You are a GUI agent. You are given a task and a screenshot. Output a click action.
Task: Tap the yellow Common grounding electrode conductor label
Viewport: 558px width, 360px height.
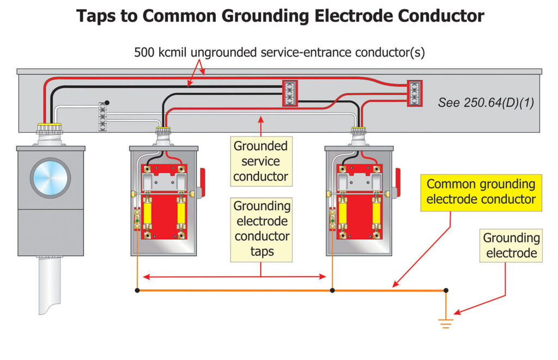[481, 192]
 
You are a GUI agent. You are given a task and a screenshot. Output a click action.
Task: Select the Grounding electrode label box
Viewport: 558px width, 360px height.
[511, 245]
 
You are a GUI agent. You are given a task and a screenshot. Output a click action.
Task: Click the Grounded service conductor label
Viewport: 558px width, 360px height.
[260, 161]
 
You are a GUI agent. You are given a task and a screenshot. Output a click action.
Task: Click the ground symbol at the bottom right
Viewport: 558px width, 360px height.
[446, 324]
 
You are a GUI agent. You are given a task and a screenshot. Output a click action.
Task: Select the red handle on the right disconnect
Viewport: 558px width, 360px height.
[398, 180]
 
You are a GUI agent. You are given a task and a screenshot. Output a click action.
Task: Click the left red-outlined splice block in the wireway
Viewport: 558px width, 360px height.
[289, 93]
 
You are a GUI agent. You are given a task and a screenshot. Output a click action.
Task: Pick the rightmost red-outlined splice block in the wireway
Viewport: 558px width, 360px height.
[415, 93]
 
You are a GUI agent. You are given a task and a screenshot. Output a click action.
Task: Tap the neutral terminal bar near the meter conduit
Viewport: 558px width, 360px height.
[102, 116]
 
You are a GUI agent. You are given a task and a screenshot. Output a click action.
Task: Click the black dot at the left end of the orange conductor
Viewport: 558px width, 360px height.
[137, 290]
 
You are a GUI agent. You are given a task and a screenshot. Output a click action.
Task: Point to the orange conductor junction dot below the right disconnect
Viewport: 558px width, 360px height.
[332, 290]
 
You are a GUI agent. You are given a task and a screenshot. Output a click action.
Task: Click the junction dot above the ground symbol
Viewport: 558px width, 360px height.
[446, 290]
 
